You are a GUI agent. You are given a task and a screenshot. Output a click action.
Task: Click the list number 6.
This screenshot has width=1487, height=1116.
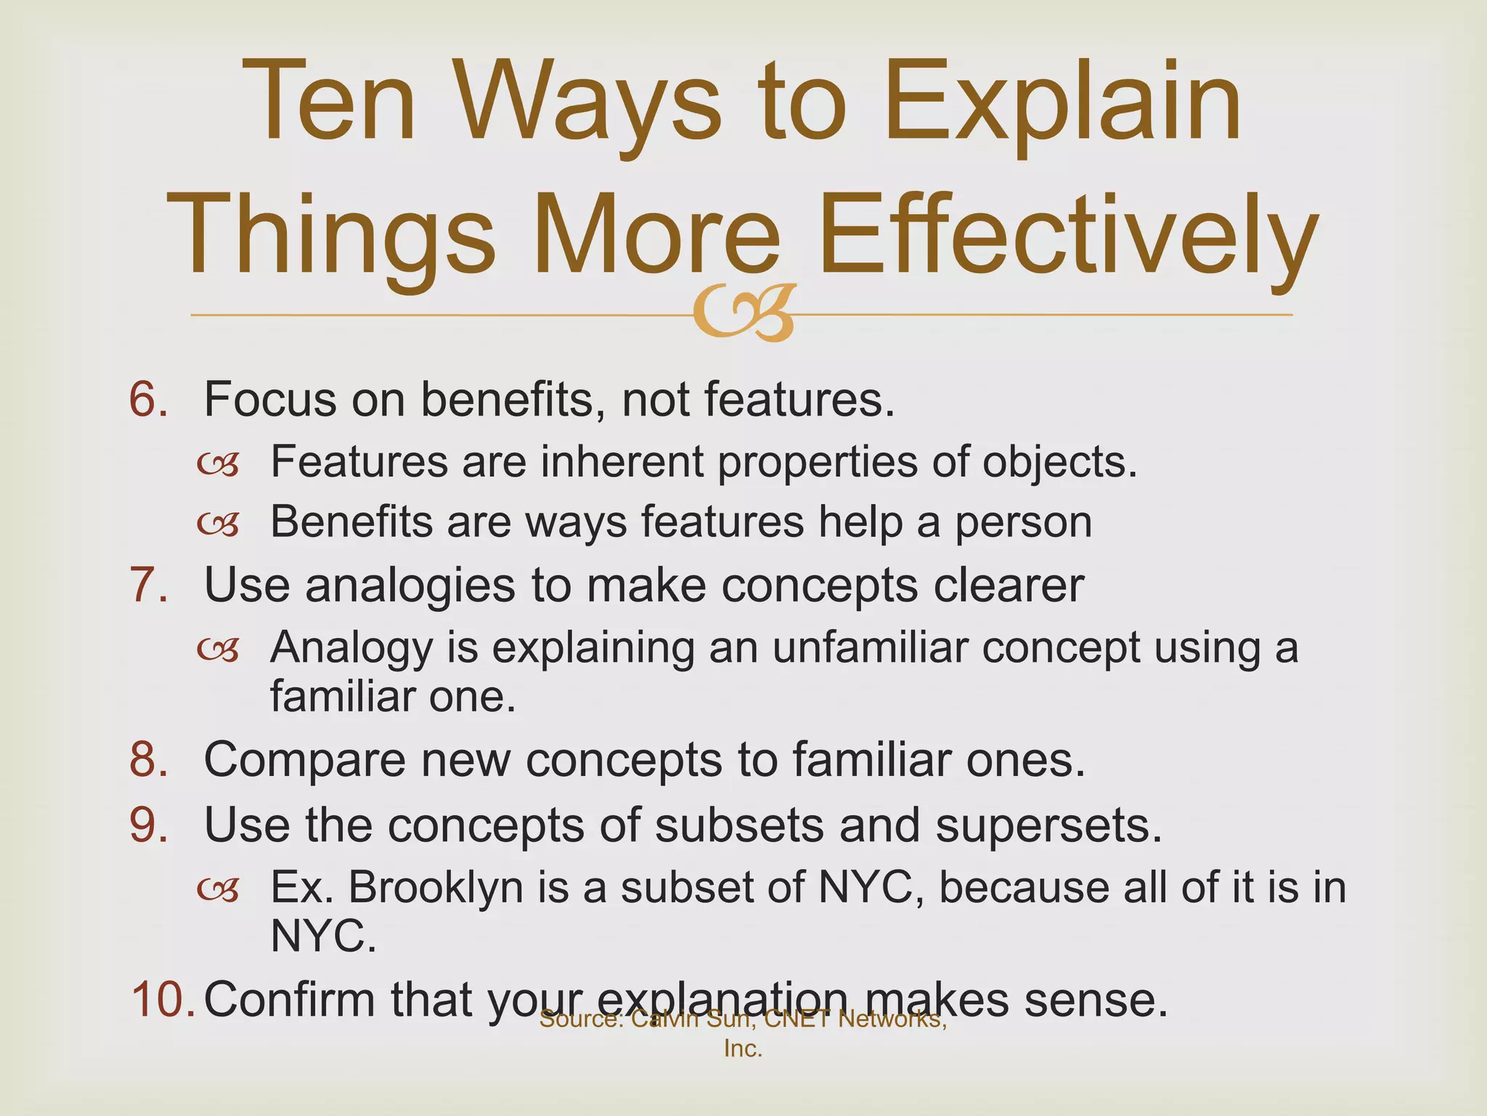tap(149, 400)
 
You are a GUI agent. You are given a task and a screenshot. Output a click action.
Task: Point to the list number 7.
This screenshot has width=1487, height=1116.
tap(149, 585)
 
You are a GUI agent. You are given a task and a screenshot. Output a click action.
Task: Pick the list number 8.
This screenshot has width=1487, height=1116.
tap(149, 760)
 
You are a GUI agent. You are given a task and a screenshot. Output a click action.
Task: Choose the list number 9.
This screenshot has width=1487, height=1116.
tap(149, 825)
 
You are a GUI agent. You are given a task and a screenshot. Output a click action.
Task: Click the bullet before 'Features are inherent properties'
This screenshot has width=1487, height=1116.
tap(218, 464)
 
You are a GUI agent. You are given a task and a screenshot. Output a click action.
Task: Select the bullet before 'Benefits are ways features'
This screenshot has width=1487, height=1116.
tap(218, 523)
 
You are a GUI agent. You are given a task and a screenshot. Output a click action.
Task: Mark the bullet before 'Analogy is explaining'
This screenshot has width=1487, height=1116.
tap(218, 649)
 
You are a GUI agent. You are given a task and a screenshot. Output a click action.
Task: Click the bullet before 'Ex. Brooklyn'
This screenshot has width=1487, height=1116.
tap(218, 889)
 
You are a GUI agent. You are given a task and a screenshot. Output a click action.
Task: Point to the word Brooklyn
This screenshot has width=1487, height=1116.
tap(436, 888)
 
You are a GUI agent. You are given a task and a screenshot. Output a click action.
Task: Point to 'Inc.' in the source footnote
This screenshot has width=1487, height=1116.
tap(743, 1049)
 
